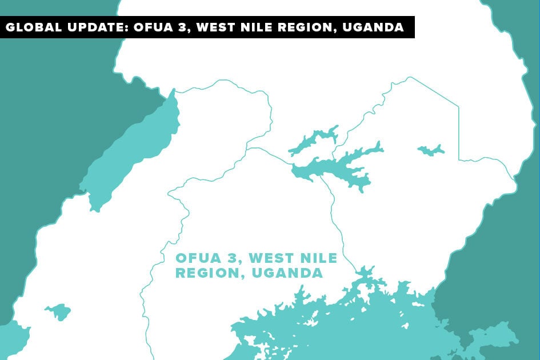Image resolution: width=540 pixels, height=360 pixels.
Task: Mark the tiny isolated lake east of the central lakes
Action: click(x=431, y=150)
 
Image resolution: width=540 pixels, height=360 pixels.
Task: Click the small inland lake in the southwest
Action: click(x=58, y=312)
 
